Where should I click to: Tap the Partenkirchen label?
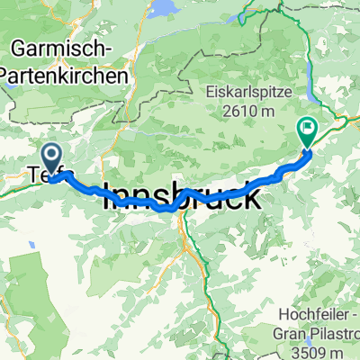70,76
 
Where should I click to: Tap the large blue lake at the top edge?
166,8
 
